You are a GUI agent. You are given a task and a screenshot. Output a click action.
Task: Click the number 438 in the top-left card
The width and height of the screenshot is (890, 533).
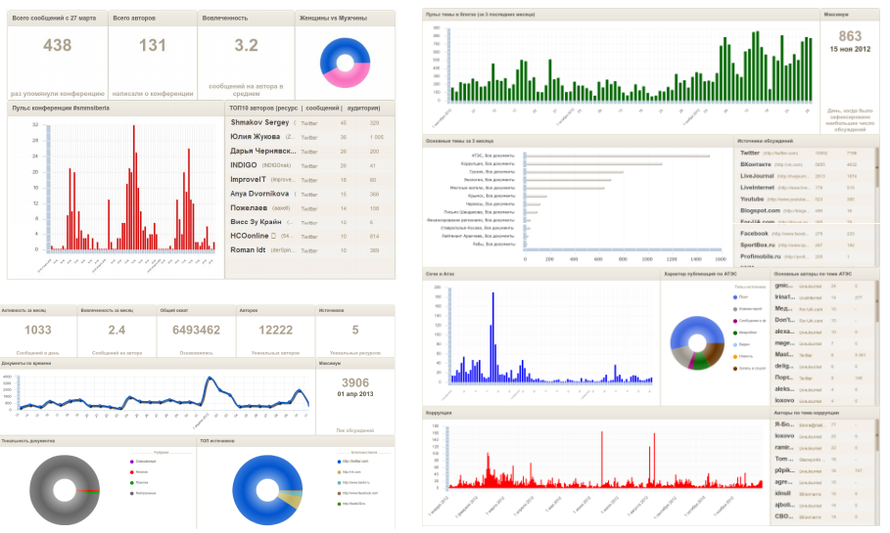click(x=58, y=46)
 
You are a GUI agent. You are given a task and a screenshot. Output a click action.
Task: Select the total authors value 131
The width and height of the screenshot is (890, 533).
click(x=153, y=46)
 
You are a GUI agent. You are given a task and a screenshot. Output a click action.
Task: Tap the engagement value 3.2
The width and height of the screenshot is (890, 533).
click(x=246, y=46)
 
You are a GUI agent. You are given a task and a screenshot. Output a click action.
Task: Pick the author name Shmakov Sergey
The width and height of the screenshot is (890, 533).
click(x=260, y=123)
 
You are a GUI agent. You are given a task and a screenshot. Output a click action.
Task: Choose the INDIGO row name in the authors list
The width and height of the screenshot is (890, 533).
click(x=244, y=165)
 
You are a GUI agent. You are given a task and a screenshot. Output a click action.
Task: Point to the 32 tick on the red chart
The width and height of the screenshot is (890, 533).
click(x=35, y=126)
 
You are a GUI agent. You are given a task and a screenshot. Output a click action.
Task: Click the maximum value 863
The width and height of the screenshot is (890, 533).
click(x=850, y=36)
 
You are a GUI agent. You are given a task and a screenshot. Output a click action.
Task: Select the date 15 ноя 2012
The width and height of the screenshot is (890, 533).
click(x=849, y=49)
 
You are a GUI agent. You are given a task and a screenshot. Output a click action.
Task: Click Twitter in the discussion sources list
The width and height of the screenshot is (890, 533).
click(x=750, y=154)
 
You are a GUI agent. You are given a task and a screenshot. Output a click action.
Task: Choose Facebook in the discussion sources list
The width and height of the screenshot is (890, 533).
click(x=754, y=234)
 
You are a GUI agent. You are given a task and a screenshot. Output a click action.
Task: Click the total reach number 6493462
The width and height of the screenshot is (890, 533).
click(x=197, y=331)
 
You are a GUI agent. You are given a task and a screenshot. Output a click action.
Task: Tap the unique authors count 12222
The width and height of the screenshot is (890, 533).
click(x=276, y=331)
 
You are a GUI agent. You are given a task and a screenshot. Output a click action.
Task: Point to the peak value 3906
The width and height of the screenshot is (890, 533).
click(x=354, y=382)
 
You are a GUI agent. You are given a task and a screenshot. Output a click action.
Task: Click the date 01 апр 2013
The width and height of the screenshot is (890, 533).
click(x=354, y=394)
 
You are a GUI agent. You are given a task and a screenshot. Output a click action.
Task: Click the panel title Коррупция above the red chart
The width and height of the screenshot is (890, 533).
click(x=438, y=414)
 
